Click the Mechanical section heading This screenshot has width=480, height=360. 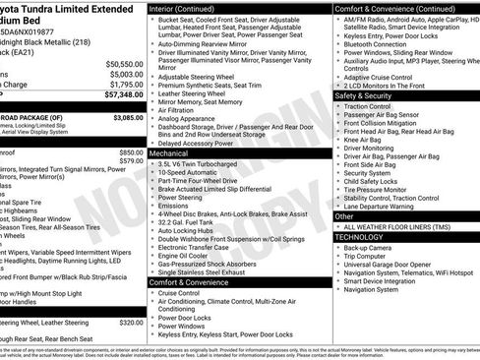pos(172,153)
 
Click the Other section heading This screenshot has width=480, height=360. pos(344,215)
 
